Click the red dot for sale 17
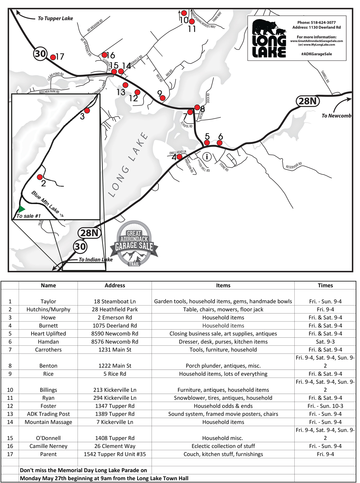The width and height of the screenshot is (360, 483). coord(53,57)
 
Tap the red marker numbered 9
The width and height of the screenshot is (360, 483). coord(163,98)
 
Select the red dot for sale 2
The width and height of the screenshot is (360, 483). coord(40,177)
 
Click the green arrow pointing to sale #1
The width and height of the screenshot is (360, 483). coord(21,209)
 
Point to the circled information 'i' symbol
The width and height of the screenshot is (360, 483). coord(207,157)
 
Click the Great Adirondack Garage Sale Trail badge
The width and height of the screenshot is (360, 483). coord(134,243)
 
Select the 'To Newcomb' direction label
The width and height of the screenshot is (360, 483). coord(336,116)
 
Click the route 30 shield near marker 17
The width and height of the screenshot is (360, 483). coord(41,53)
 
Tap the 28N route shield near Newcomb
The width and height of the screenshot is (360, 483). coord(308,101)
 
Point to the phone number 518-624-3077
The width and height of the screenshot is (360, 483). coord(316,23)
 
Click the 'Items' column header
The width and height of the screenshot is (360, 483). coord(223,285)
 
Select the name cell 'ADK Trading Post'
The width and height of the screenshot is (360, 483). coord(48,414)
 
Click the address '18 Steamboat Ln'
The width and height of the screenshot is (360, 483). coord(115,301)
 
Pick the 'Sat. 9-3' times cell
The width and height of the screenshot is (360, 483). coord(325,342)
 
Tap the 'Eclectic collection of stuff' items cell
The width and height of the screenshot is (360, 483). coord(223,446)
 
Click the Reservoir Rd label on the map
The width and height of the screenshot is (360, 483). coord(294,166)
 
